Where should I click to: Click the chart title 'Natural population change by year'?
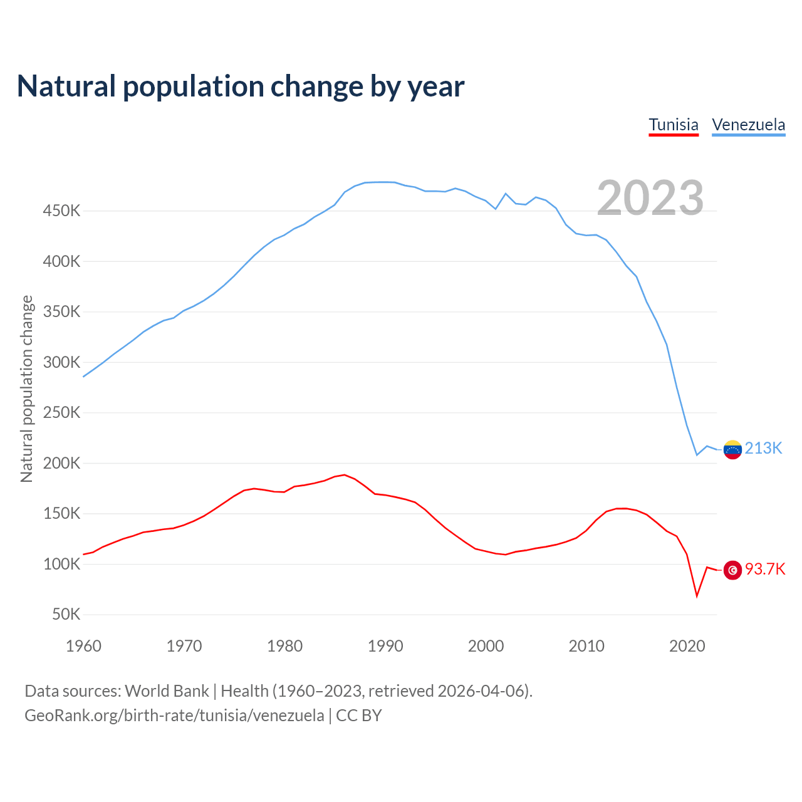(241, 86)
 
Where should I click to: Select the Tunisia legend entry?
(674, 125)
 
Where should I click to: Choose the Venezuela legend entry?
(749, 125)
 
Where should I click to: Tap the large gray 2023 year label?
(650, 198)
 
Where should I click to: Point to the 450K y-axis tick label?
(61, 211)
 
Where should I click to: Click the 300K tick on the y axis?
(61, 363)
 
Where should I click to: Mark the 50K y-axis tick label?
(66, 615)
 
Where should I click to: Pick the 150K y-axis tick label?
(61, 514)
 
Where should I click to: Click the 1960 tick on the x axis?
(83, 646)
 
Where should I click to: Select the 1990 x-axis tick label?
(385, 646)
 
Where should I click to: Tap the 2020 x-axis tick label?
(687, 646)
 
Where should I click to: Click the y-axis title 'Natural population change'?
(27, 388)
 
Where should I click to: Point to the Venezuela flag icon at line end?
(732, 449)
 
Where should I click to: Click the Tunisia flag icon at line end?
(732, 570)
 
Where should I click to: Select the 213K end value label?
(764, 449)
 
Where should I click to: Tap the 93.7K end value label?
(765, 570)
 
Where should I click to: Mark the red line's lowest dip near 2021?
(697, 596)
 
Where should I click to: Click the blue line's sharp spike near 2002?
(506, 194)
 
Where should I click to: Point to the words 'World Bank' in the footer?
(167, 691)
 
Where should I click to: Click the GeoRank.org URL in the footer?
(174, 716)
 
